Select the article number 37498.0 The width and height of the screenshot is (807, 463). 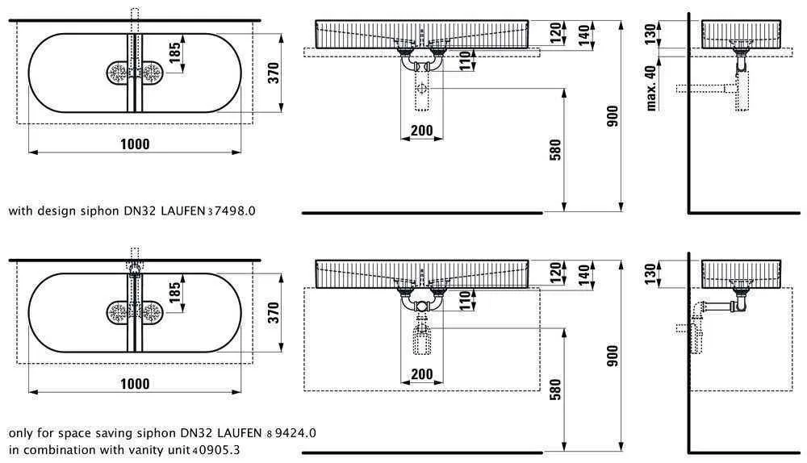coord(232,211)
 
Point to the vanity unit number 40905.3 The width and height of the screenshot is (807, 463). coord(215,449)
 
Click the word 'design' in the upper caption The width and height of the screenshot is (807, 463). coord(56,211)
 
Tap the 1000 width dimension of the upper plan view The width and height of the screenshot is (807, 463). coord(135,144)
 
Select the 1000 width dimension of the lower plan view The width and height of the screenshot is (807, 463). coord(135,384)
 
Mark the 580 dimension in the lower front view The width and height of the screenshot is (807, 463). coord(554,391)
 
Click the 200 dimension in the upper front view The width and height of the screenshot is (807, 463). coord(421,131)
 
